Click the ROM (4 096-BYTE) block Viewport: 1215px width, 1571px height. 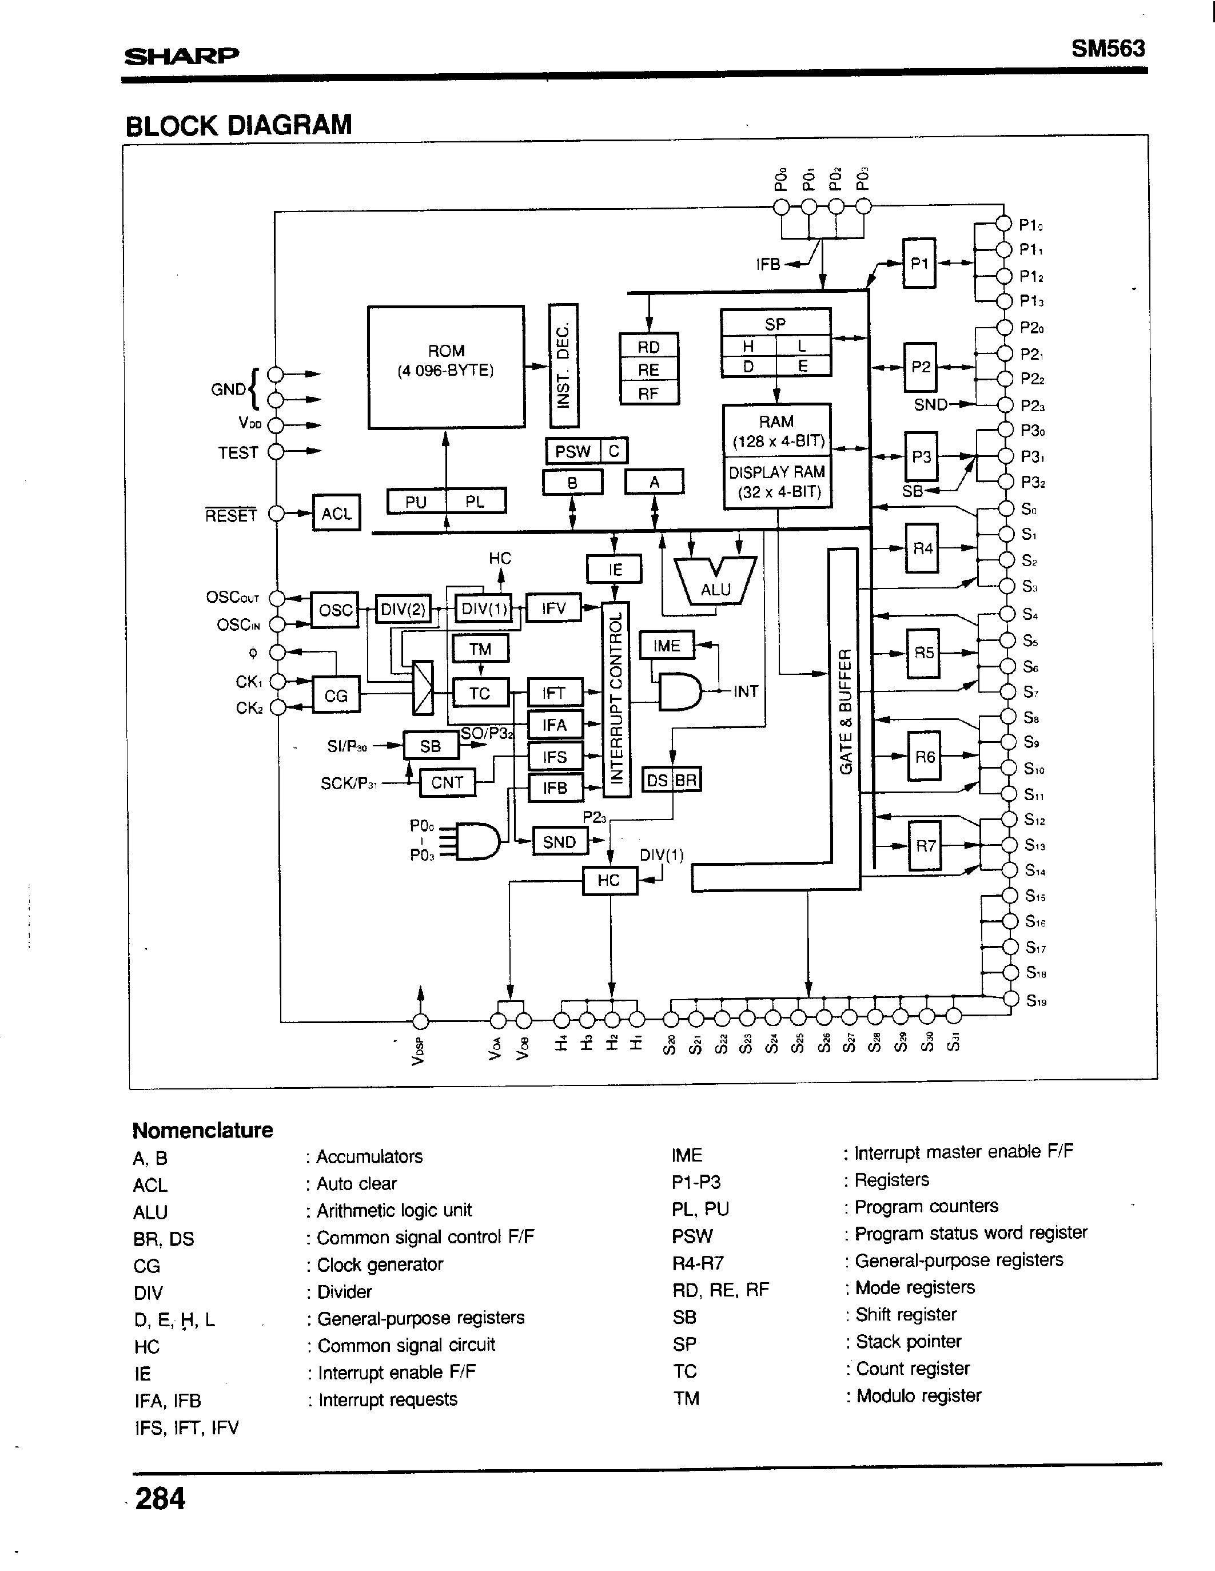(x=445, y=367)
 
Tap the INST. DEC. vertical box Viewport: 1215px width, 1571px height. (x=563, y=365)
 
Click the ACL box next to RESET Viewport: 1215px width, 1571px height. (x=336, y=513)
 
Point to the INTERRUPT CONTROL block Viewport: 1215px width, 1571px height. (x=616, y=698)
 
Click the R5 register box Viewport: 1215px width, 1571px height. (x=923, y=653)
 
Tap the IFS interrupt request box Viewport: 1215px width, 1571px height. (x=555, y=756)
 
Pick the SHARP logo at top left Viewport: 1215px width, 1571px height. (x=181, y=55)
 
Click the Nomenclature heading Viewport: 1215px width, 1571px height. (x=202, y=1130)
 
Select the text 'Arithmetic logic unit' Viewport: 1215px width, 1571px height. (x=394, y=1211)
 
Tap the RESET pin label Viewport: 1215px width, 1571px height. (x=230, y=515)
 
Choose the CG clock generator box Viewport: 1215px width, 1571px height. (x=336, y=695)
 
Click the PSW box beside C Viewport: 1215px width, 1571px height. (x=572, y=451)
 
